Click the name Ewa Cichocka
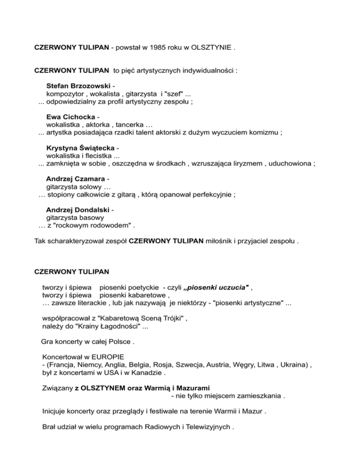click(71, 117)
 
